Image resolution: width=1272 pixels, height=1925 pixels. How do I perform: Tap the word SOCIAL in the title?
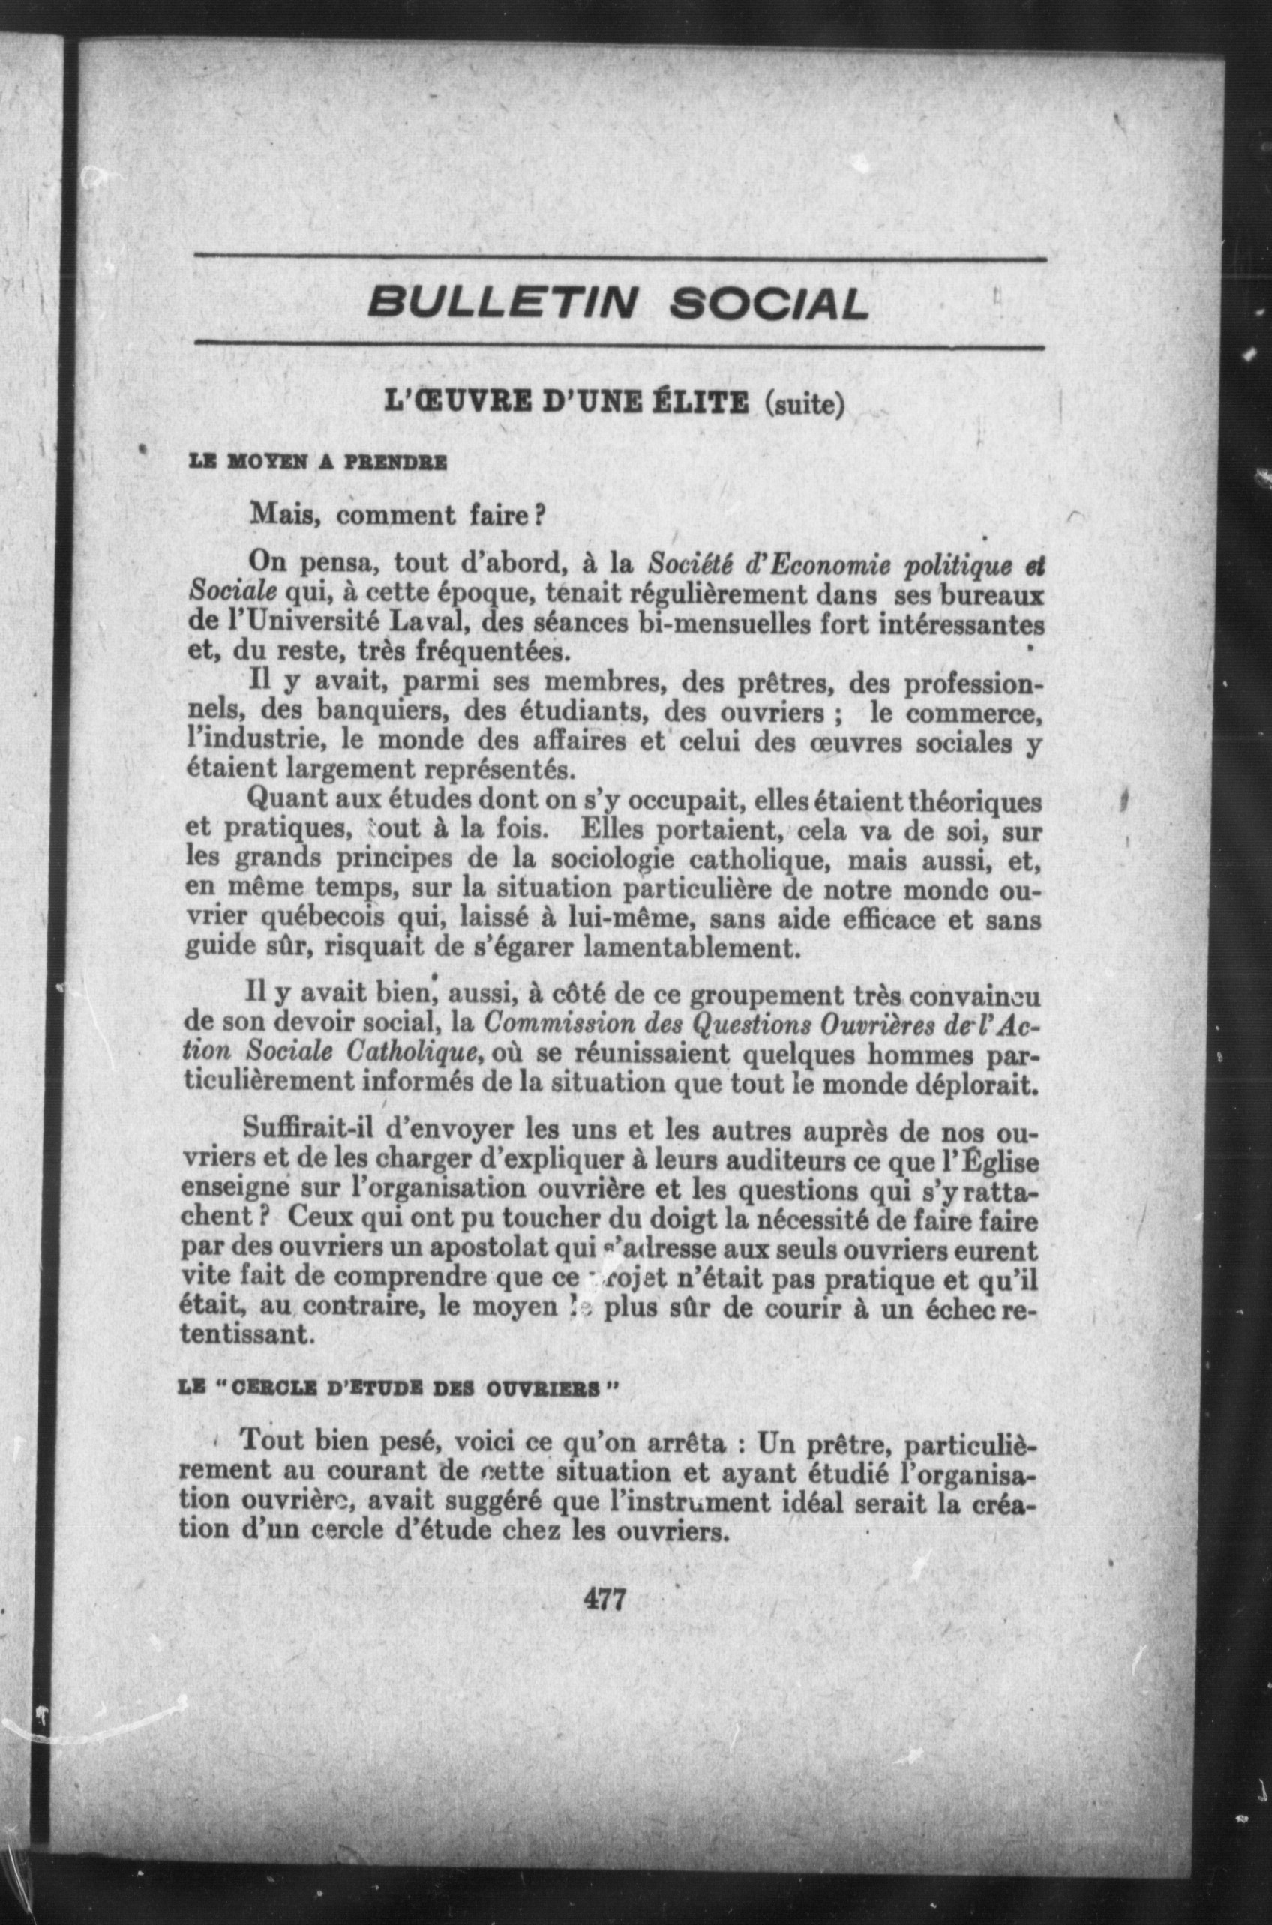(x=767, y=304)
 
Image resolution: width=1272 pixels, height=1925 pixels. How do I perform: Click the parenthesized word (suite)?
(x=804, y=404)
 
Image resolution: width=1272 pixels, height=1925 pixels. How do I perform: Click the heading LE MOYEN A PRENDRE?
(x=317, y=465)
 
